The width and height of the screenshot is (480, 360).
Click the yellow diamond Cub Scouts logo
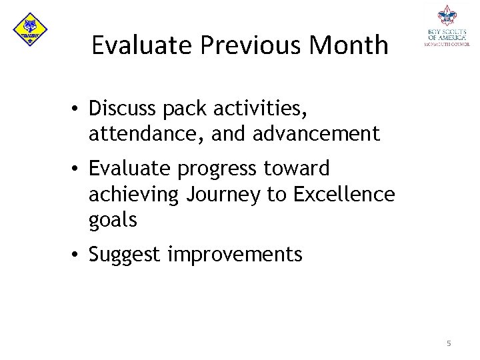pyautogui.click(x=30, y=30)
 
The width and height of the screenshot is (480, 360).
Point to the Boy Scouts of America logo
pyautogui.click(x=447, y=27)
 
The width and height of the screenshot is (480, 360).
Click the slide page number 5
pyautogui.click(x=449, y=343)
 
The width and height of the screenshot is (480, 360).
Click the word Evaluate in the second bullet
pyautogui.click(x=131, y=169)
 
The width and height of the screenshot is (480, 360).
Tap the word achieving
pyautogui.click(x=134, y=195)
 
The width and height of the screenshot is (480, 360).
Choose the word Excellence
pyautogui.click(x=344, y=194)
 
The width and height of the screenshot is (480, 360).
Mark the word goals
pyautogui.click(x=113, y=221)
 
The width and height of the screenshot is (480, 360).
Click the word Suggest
pyautogui.click(x=125, y=255)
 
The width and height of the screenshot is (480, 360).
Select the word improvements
pyautogui.click(x=235, y=255)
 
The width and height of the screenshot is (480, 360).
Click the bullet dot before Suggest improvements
pyautogui.click(x=78, y=255)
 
